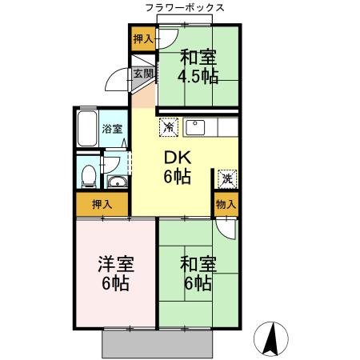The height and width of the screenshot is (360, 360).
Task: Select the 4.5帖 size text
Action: pyautogui.click(x=198, y=77)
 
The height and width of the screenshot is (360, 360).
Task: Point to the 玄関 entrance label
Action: pyautogui.click(x=142, y=74)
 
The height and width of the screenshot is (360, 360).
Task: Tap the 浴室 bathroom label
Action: pyautogui.click(x=112, y=129)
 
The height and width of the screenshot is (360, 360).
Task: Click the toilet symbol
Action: pyautogui.click(x=90, y=174)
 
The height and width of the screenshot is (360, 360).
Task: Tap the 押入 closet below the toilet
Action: pyautogui.click(x=102, y=205)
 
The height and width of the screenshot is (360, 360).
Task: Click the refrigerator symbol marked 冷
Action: pyautogui.click(x=168, y=126)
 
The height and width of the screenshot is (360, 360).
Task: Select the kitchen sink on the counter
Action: pyautogui.click(x=196, y=126)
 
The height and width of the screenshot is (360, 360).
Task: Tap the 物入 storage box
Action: pyautogui.click(x=226, y=204)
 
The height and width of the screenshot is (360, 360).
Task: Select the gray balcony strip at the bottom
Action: pyautogui.click(x=161, y=343)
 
